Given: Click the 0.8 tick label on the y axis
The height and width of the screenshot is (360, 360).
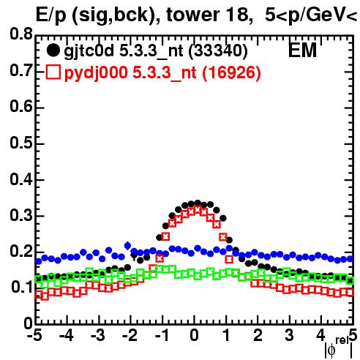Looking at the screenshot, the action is coord(20,34).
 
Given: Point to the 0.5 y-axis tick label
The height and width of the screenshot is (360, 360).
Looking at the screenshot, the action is coord(20,143).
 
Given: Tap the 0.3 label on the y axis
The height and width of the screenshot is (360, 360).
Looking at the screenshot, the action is coord(20,216).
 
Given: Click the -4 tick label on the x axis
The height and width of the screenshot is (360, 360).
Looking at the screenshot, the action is coord(67,335).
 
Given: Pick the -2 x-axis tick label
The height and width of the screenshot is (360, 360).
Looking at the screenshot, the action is coord(130,335).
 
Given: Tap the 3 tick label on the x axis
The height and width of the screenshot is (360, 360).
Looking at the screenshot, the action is coord(289,335).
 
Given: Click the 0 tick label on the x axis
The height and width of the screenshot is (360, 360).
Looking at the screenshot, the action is coord(194,335).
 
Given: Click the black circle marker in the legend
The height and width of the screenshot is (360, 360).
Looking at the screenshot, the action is coord(53,50).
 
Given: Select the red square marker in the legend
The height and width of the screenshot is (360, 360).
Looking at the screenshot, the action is coord(53,72).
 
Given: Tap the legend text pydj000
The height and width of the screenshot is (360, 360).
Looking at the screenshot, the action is coord(96,73).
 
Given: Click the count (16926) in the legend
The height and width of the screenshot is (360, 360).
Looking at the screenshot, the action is coord(231,72).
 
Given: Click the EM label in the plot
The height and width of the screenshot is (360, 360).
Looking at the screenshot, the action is coord(302,50).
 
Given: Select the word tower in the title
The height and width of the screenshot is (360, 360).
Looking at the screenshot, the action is coord(192,15).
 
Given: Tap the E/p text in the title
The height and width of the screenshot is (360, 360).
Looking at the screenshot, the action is coord(51,15).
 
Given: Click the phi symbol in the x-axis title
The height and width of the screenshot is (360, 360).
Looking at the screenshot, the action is coord(331,351).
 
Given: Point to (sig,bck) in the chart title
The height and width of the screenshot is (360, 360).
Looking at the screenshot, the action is coord(116,15).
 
